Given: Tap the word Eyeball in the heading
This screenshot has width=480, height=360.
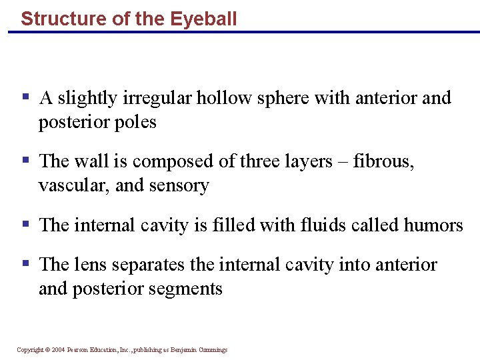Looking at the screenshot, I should (x=203, y=19).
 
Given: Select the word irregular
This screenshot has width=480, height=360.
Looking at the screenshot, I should (x=157, y=98).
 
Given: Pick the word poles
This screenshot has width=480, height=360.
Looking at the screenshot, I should (x=135, y=123).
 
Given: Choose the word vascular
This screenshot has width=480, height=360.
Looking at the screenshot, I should (x=73, y=185).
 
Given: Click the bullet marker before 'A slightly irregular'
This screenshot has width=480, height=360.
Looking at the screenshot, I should (x=26, y=97).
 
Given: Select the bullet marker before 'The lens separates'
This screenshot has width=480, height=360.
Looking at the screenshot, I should (x=26, y=264).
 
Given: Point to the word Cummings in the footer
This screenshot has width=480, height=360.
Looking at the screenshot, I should (x=212, y=349).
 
